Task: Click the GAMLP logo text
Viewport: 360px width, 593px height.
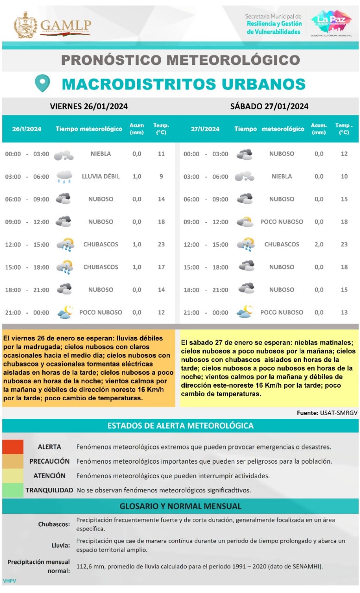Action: coord(65,25)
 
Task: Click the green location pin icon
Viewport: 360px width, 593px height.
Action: coord(42,83)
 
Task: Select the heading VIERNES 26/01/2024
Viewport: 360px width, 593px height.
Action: coord(89,106)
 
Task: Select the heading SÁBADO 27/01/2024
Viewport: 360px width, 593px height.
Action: coord(269,106)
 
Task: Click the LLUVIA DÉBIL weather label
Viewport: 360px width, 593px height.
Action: coord(101,177)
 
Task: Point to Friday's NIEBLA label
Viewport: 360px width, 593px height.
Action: coord(101,154)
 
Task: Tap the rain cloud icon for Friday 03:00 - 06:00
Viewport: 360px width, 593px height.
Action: coord(64,177)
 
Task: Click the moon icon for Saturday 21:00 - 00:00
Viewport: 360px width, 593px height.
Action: coord(245,312)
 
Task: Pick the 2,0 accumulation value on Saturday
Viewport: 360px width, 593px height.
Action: coord(319,244)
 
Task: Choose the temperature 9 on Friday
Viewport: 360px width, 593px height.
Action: coord(161,177)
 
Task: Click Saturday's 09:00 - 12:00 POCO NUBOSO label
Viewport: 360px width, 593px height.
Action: coord(282,221)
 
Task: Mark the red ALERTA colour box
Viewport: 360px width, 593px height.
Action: coord(13,447)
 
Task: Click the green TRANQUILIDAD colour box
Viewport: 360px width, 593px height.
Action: coord(13,490)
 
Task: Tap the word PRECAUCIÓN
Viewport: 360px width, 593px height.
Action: coord(50,461)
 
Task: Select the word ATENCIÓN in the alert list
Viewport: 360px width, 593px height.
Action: coord(50,476)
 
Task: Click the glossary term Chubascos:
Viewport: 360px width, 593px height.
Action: coord(54,524)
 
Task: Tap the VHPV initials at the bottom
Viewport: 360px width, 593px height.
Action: coord(9,580)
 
